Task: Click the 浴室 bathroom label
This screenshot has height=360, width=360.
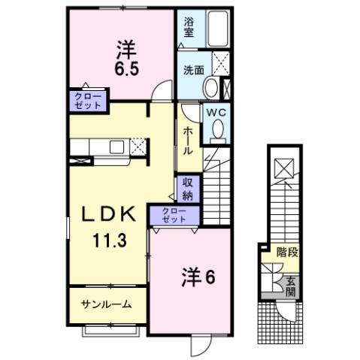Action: (x=189, y=28)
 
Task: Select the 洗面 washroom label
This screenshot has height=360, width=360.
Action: (x=192, y=70)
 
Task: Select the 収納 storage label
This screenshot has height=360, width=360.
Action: (x=187, y=189)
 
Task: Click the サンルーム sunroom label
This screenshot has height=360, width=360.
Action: (x=107, y=304)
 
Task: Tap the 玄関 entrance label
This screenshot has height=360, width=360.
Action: (x=290, y=286)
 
